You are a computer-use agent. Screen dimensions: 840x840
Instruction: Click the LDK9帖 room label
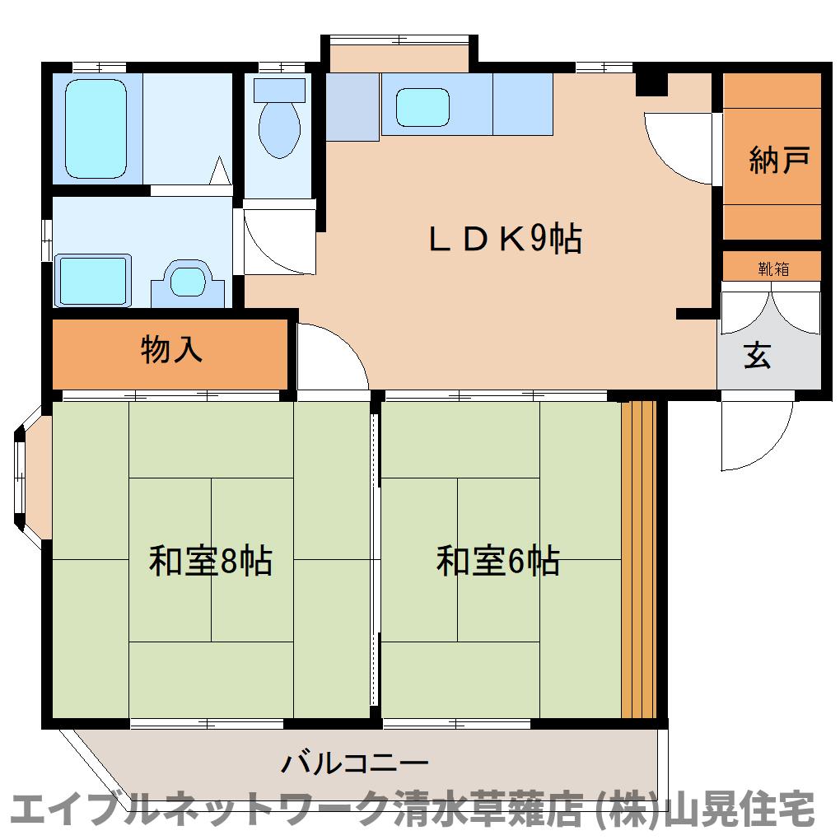(x=504, y=239)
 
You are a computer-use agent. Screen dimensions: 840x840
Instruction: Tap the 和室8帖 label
(x=211, y=562)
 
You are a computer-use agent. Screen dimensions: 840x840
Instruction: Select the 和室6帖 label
(x=498, y=562)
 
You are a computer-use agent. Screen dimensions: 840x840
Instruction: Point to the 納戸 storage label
(x=777, y=160)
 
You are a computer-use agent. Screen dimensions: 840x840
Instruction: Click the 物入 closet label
(x=171, y=350)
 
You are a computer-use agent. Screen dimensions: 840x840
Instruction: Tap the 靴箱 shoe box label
(x=772, y=268)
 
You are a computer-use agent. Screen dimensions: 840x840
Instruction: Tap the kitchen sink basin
(x=422, y=107)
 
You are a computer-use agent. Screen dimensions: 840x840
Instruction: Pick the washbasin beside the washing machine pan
(x=189, y=281)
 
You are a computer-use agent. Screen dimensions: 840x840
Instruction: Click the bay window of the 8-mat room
(x=30, y=475)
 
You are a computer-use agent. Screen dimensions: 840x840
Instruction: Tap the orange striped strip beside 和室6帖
(x=638, y=560)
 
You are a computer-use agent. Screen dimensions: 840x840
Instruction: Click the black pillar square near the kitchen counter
(x=651, y=82)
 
